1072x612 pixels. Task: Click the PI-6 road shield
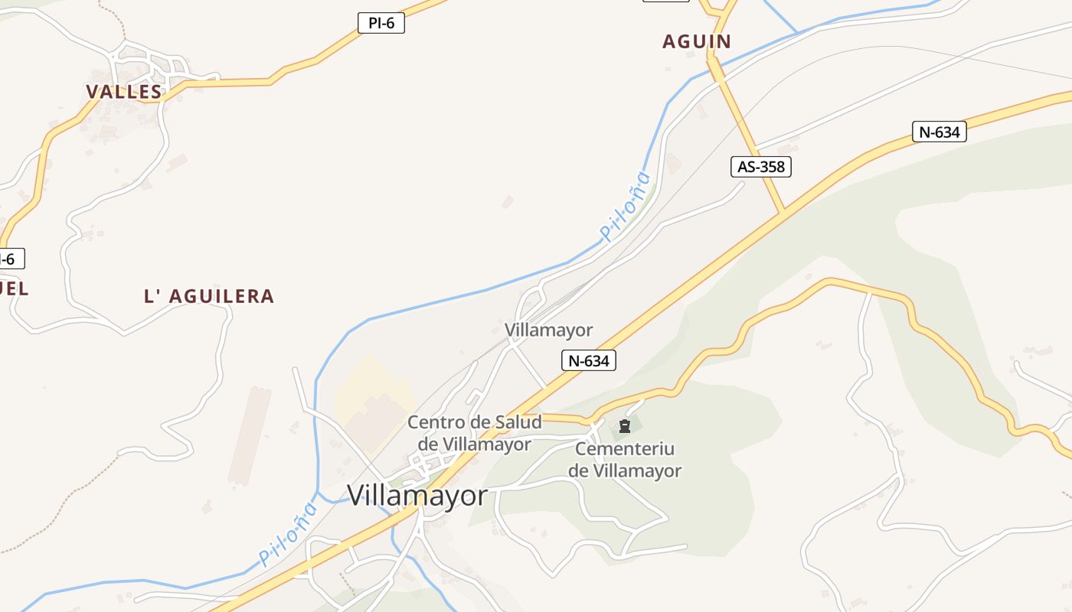click(381, 23)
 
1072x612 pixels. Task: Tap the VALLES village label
click(123, 92)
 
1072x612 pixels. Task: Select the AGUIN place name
click(696, 41)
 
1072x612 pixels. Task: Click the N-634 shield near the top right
click(939, 132)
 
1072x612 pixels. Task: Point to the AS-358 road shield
click(760, 166)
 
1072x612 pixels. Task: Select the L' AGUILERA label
click(208, 296)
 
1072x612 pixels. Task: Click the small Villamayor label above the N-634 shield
click(548, 330)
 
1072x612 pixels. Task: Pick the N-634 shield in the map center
click(588, 360)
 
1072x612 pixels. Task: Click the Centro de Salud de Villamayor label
click(474, 433)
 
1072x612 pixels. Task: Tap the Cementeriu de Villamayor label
click(624, 460)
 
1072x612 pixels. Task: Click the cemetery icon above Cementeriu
click(624, 426)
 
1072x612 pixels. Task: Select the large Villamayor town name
click(417, 496)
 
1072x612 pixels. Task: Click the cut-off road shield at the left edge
click(11, 259)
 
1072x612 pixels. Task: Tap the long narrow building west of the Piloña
click(250, 436)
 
